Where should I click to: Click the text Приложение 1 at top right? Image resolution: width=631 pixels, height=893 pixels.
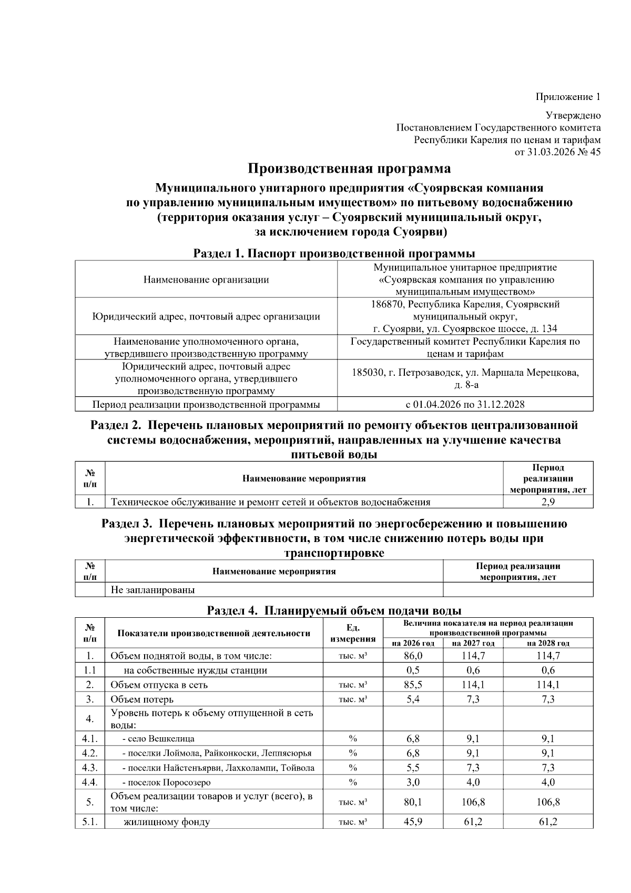tap(567, 97)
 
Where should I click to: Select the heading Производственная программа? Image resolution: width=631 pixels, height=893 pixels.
tap(349, 169)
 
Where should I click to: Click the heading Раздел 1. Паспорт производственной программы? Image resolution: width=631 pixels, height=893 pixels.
tap(334, 254)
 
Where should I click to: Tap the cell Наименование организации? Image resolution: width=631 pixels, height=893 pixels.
tap(206, 279)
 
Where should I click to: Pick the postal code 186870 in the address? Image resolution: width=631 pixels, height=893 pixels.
tap(388, 304)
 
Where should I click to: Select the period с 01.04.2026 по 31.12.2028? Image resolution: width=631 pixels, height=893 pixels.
tap(465, 404)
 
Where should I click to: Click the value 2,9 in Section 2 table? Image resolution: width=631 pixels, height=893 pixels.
tap(548, 502)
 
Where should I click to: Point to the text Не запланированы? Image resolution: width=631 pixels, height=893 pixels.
tap(152, 590)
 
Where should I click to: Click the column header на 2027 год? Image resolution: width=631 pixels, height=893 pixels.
tap(473, 643)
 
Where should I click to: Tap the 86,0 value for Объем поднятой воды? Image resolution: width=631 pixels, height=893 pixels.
tap(413, 656)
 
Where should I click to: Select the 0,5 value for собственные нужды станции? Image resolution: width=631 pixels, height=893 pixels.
tap(413, 670)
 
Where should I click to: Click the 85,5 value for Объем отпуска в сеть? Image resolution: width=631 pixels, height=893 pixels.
tap(413, 685)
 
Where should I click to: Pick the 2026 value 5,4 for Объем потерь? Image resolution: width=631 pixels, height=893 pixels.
tap(413, 699)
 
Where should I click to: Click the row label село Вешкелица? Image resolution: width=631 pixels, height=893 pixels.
tap(161, 738)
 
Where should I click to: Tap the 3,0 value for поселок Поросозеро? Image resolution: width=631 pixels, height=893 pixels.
tap(413, 782)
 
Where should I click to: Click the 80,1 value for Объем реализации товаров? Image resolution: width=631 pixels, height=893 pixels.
tap(413, 802)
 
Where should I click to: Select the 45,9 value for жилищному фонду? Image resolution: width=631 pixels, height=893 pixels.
tap(413, 822)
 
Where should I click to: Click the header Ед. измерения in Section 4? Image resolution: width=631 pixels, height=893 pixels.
tap(353, 633)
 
